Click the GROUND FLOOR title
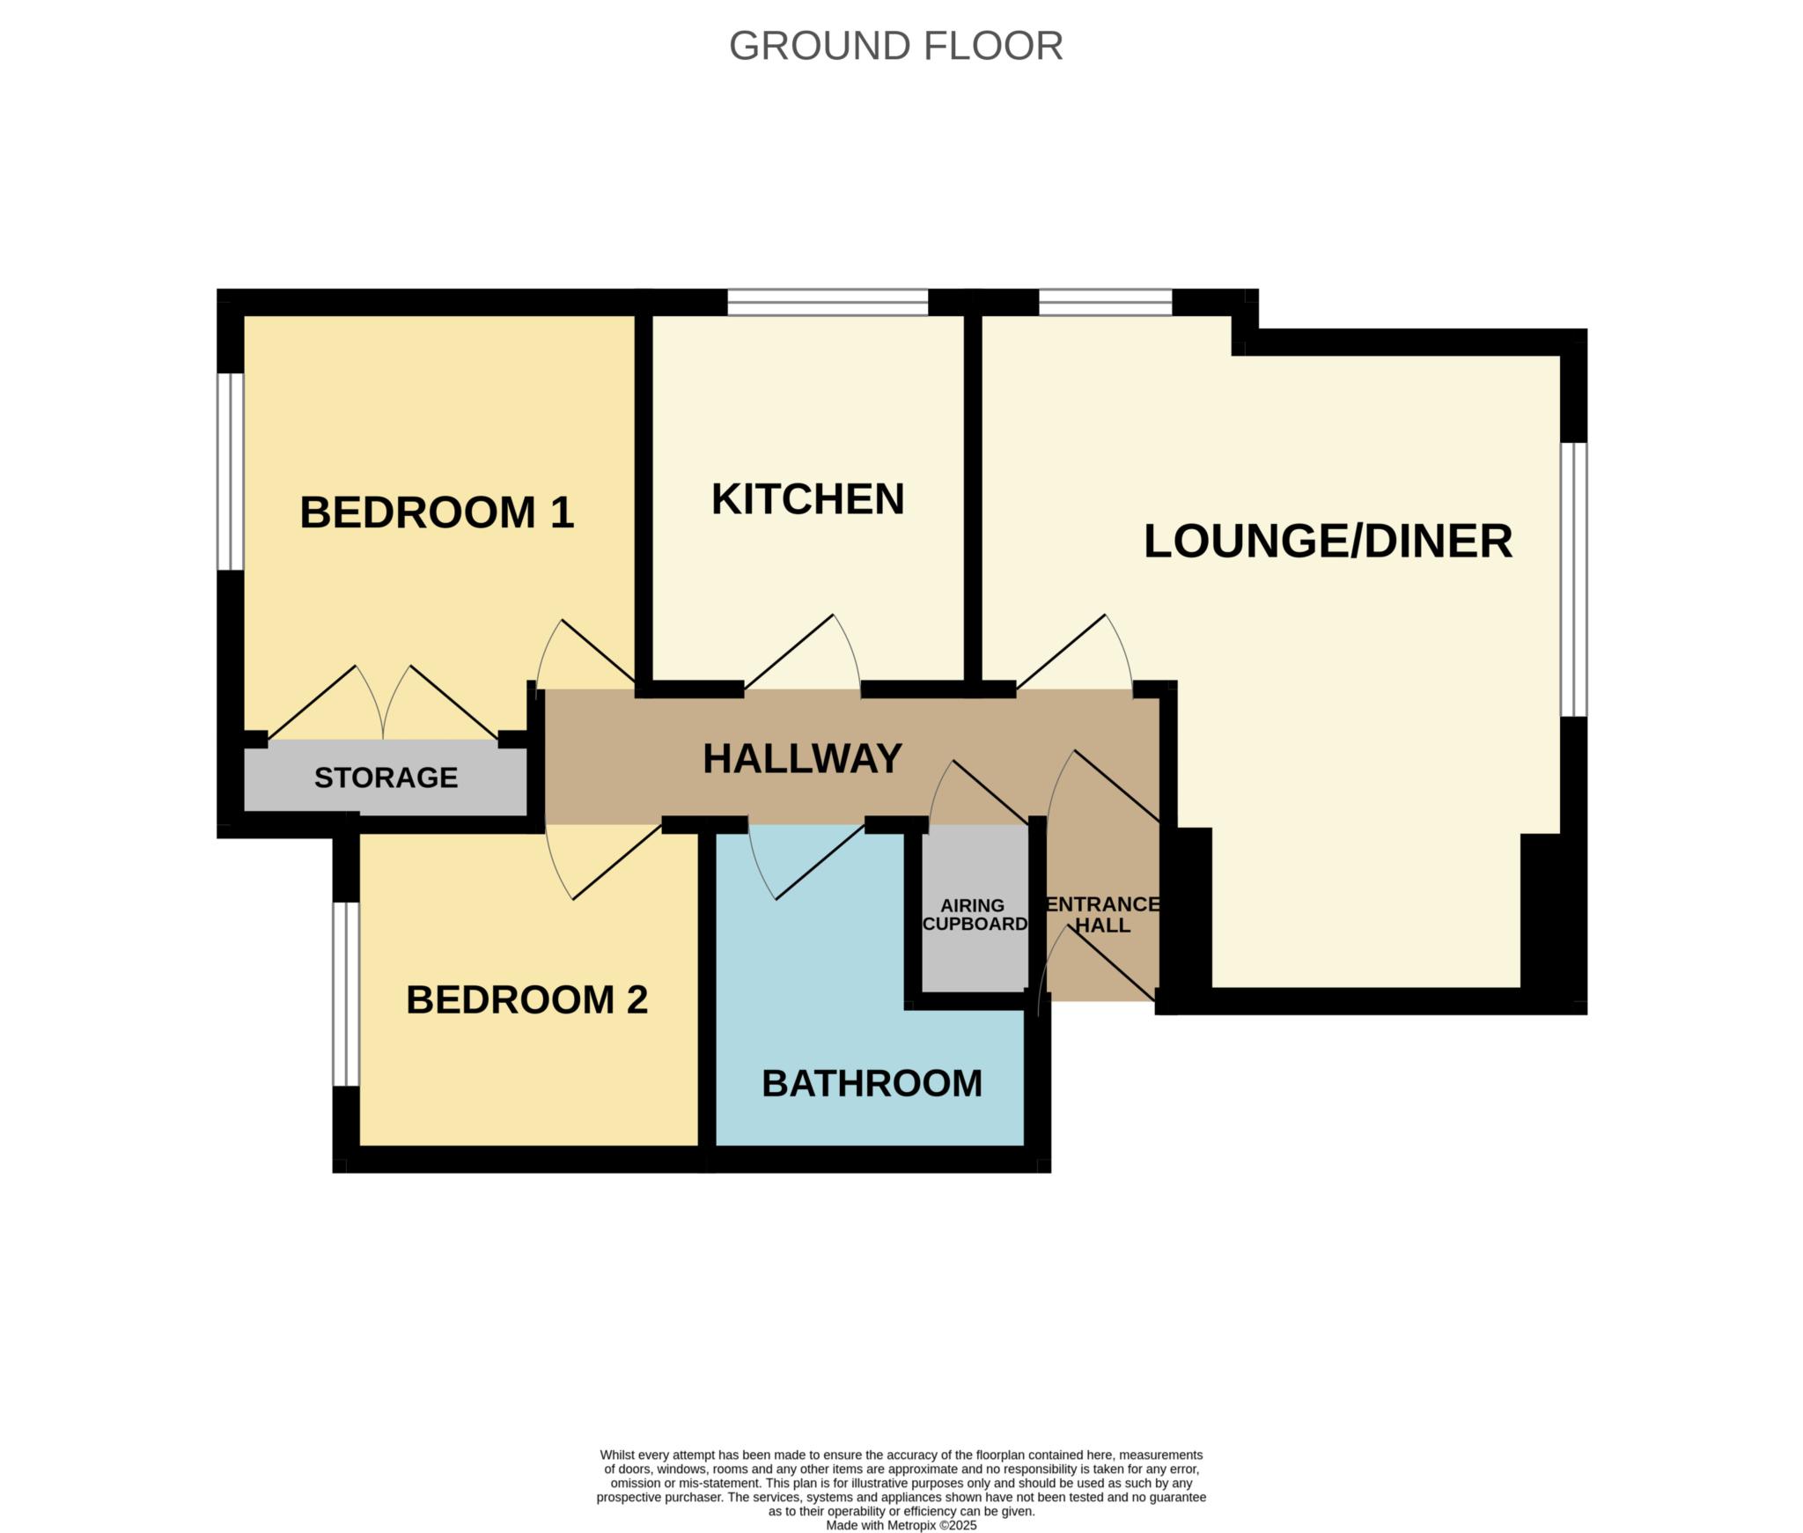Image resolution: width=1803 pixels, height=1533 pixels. coord(895,46)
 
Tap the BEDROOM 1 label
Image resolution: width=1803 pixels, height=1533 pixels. coord(437,512)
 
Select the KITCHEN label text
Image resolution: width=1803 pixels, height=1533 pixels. coord(807,499)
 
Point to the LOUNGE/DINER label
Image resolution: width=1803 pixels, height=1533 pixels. coord(1328,541)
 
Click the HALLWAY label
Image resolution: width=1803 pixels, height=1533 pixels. coord(802,758)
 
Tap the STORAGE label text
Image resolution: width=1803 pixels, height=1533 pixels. coord(386,778)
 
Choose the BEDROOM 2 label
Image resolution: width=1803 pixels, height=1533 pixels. coord(526,999)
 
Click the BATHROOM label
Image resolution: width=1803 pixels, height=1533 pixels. coord(872,1083)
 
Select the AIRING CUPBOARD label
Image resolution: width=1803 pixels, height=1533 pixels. coord(975,915)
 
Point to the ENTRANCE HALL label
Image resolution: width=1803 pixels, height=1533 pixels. coord(1102,915)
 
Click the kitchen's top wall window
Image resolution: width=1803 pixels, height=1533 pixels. coord(828,302)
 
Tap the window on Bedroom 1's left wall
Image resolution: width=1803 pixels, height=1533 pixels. coord(231,471)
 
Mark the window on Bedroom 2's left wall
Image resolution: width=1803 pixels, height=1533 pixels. coord(346,994)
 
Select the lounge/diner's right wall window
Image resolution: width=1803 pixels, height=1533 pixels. coord(1574,579)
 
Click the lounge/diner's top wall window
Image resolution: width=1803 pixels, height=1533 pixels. coord(1105,302)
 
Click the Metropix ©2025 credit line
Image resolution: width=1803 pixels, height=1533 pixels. coord(901,1525)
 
